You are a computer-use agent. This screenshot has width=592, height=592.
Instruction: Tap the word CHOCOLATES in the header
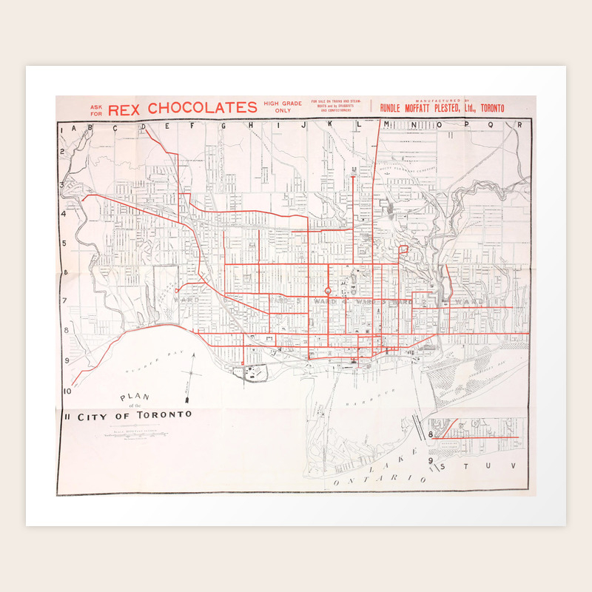(x=201, y=109)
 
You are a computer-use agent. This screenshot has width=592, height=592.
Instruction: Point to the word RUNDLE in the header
(x=396, y=108)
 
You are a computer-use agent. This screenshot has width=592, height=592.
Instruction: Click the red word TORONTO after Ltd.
(x=492, y=108)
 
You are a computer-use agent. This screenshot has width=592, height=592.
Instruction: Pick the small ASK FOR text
(x=97, y=110)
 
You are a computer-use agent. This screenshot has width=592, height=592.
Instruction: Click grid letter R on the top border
(x=519, y=125)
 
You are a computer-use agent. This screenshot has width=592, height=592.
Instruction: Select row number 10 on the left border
(x=67, y=391)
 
